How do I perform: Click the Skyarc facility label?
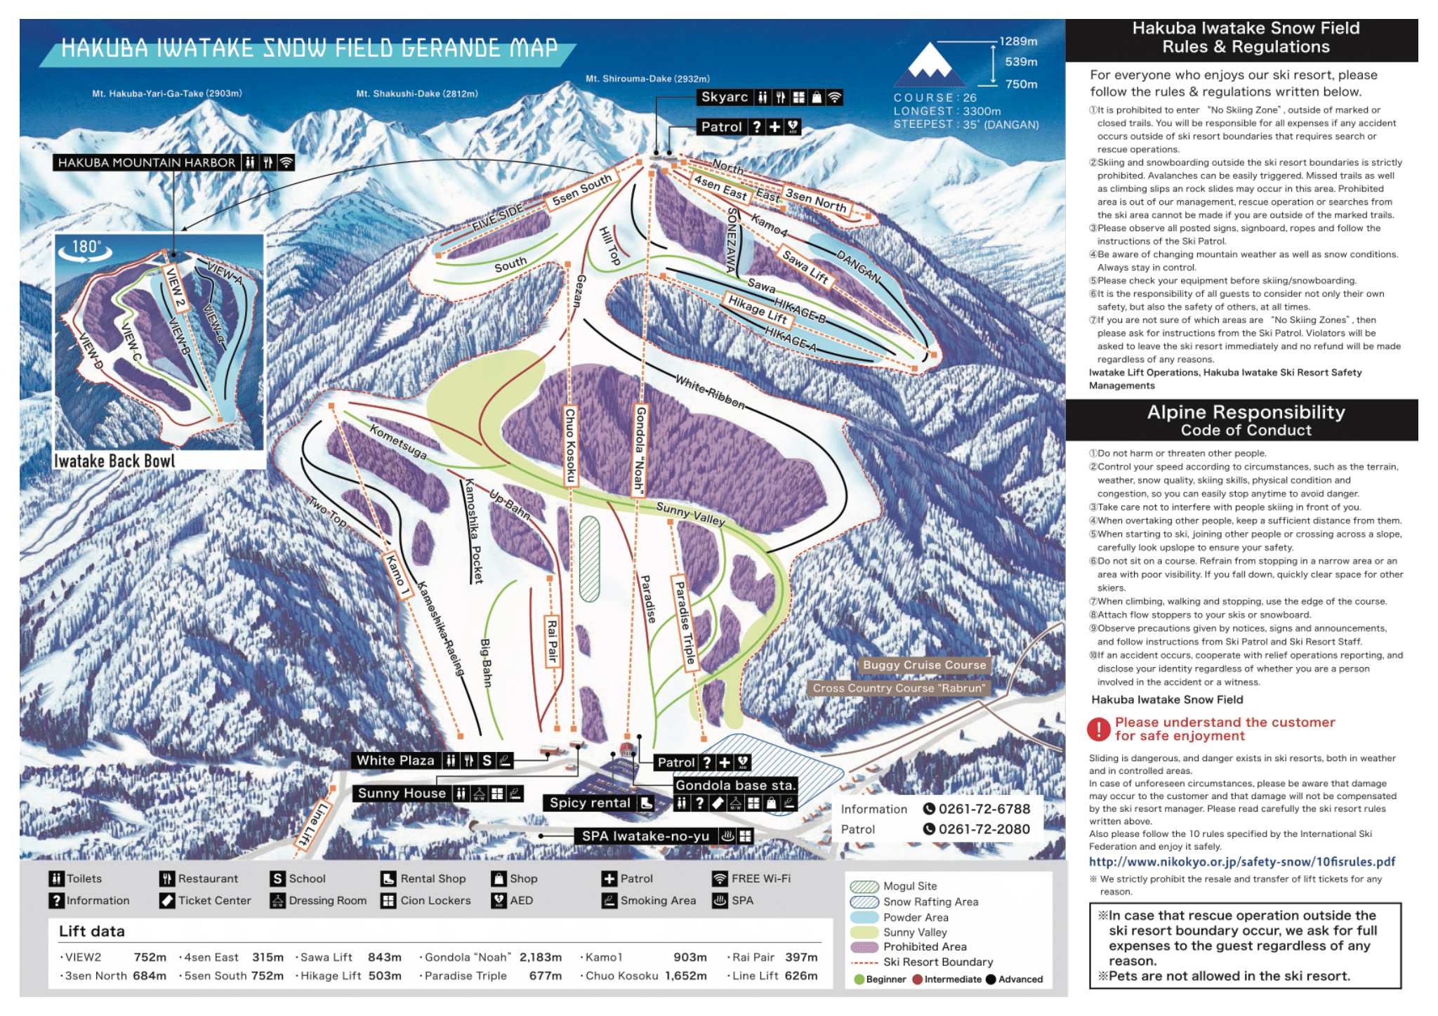pyautogui.click(x=725, y=98)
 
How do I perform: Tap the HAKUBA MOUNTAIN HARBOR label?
pyautogui.click(x=147, y=163)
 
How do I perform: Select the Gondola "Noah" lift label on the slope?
pyautogui.click(x=640, y=449)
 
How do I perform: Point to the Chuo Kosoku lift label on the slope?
pyautogui.click(x=571, y=445)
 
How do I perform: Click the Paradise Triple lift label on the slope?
pyautogui.click(x=685, y=621)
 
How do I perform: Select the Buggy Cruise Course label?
pyautogui.click(x=924, y=665)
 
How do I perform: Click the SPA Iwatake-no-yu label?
pyautogui.click(x=645, y=836)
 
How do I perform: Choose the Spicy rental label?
pyautogui.click(x=590, y=803)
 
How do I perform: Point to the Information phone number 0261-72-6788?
pyautogui.click(x=984, y=809)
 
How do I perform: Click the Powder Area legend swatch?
pyautogui.click(x=864, y=917)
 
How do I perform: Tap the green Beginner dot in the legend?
pyautogui.click(x=859, y=979)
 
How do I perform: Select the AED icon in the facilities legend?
pyautogui.click(x=499, y=900)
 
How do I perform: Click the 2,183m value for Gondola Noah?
pyautogui.click(x=540, y=957)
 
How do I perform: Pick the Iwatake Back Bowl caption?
pyautogui.click(x=114, y=461)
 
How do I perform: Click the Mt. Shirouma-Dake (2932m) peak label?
pyautogui.click(x=647, y=79)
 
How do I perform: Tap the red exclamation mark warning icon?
pyautogui.click(x=1098, y=729)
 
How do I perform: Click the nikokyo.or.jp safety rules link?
pyautogui.click(x=1241, y=862)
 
